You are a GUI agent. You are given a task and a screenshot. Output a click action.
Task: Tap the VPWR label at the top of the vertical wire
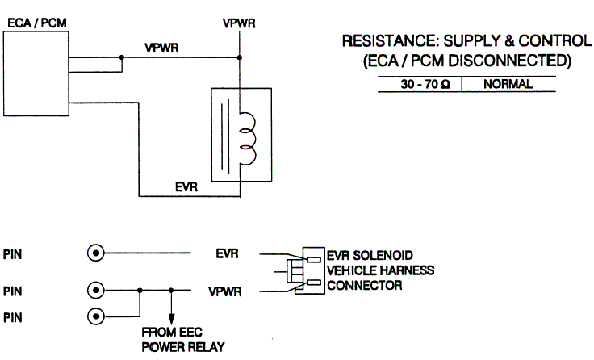[x=239, y=23]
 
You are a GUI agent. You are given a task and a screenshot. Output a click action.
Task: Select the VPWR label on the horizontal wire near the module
[x=162, y=48]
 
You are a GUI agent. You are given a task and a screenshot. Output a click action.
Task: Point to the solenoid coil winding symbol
[x=247, y=134]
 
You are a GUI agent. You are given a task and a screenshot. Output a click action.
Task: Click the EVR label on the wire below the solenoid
[x=187, y=186]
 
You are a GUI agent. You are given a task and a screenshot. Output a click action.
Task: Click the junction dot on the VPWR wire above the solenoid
[x=240, y=57]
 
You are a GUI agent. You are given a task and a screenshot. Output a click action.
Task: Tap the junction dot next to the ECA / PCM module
[x=121, y=57]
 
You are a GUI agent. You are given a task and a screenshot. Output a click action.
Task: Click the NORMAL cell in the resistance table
[x=497, y=83]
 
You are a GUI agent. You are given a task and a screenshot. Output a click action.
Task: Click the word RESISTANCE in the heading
[x=385, y=41]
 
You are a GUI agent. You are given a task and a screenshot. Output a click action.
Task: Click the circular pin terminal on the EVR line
[x=96, y=253]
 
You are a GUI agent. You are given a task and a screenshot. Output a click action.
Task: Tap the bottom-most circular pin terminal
[x=96, y=316]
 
